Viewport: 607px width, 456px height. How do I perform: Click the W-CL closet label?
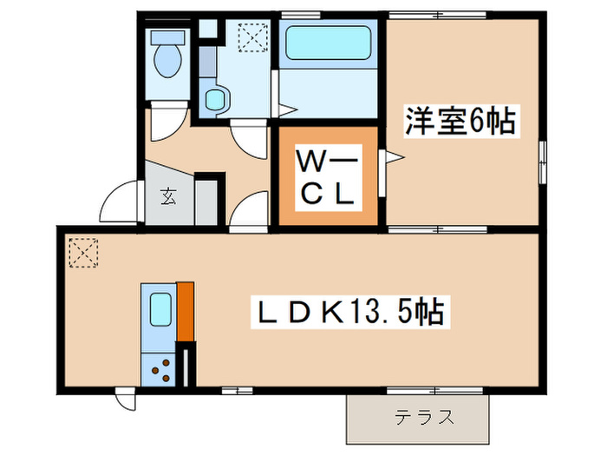click(x=325, y=179)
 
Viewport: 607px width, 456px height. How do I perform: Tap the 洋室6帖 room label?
click(x=459, y=121)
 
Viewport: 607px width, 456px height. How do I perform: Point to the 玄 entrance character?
click(x=167, y=196)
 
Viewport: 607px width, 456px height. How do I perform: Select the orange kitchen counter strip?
click(x=185, y=311)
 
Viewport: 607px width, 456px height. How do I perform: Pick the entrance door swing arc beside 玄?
click(x=120, y=204)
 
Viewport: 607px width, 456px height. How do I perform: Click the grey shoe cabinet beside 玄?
click(x=206, y=202)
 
